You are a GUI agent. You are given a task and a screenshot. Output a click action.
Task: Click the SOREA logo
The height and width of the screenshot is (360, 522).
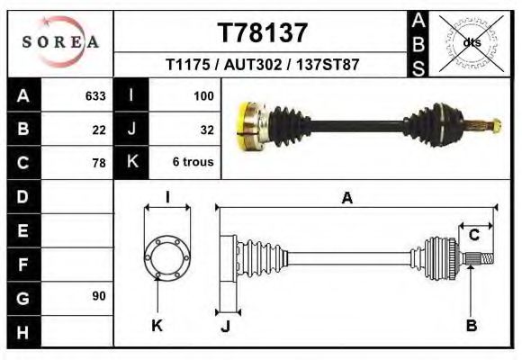(x=60, y=42)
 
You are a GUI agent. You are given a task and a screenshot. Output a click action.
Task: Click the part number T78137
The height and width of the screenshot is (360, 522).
(x=263, y=33)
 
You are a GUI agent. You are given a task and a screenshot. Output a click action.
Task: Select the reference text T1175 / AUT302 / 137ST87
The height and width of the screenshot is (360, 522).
(x=263, y=66)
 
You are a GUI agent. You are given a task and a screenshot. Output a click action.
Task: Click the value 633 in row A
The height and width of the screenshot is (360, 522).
(x=95, y=95)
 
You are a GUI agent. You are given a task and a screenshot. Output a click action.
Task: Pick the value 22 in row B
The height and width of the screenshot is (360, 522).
(x=99, y=130)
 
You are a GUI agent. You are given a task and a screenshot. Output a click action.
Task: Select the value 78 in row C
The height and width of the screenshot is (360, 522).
(x=99, y=163)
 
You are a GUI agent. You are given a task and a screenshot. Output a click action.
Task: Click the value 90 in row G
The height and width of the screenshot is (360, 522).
(x=99, y=296)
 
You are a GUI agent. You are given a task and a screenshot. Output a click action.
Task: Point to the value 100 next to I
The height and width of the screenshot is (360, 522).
(x=202, y=95)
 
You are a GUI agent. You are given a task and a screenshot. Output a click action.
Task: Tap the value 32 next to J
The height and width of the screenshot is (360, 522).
(x=206, y=130)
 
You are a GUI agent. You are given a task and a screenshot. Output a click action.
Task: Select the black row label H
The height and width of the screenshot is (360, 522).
(x=23, y=331)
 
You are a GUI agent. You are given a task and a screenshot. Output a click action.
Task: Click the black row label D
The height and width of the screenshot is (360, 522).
(x=23, y=196)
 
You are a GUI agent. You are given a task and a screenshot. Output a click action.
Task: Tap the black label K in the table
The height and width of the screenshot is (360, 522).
(x=132, y=163)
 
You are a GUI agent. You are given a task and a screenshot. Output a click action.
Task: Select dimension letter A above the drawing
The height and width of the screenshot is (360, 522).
(x=346, y=198)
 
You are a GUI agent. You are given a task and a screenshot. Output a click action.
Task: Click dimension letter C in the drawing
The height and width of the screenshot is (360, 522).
(x=473, y=236)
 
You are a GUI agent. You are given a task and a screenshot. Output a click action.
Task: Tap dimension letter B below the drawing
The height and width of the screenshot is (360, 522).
(x=471, y=325)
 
